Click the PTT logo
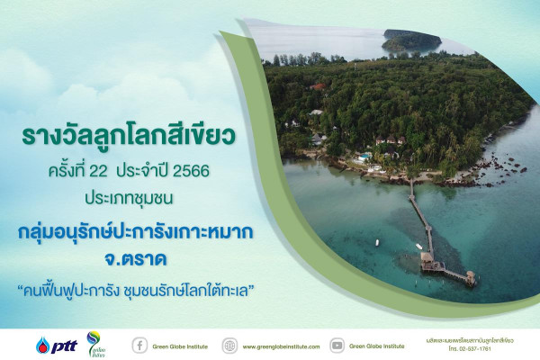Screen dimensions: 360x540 [55, 345]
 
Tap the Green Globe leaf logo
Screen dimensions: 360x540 [94, 343]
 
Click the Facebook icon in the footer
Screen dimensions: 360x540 [139, 345]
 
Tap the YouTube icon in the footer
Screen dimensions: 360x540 [337, 345]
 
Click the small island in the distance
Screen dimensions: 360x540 [410, 40]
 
